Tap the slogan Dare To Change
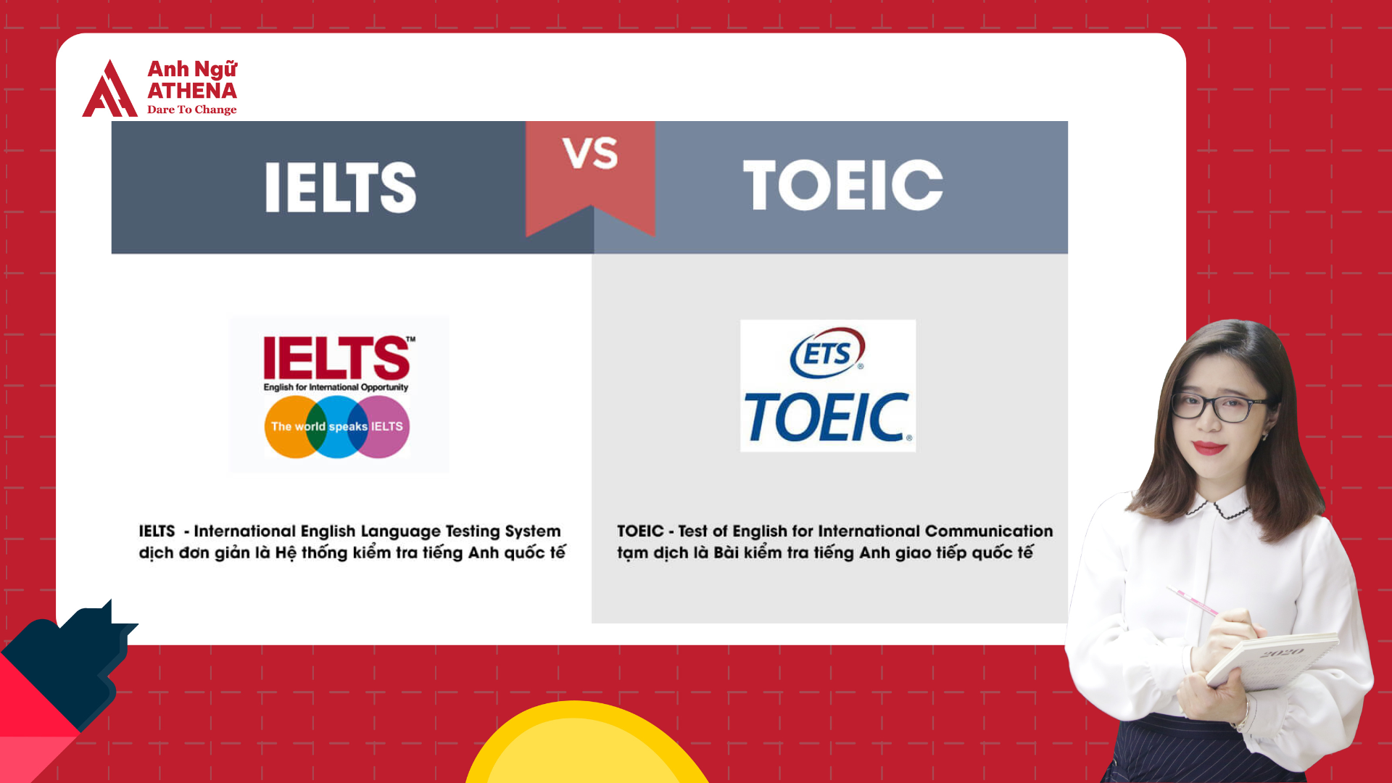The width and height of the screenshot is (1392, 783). pyautogui.click(x=191, y=109)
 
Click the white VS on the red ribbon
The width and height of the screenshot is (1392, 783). pyautogui.click(x=590, y=154)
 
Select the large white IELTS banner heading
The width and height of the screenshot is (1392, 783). pyautogui.click(x=341, y=187)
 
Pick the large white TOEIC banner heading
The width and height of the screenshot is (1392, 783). pyautogui.click(x=842, y=186)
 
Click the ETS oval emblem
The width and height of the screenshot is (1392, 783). pyautogui.click(x=827, y=353)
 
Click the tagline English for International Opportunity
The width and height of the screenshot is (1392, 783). pyautogui.click(x=336, y=387)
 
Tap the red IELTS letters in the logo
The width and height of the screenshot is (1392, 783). pyautogui.click(x=336, y=357)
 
